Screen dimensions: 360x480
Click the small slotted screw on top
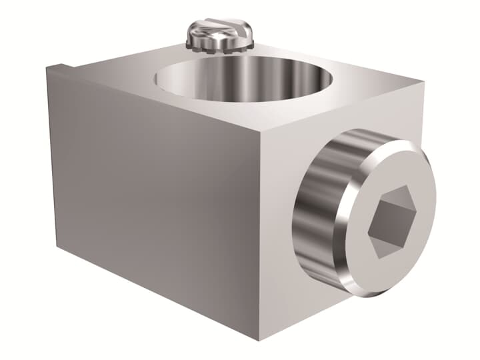coord(219,33)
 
